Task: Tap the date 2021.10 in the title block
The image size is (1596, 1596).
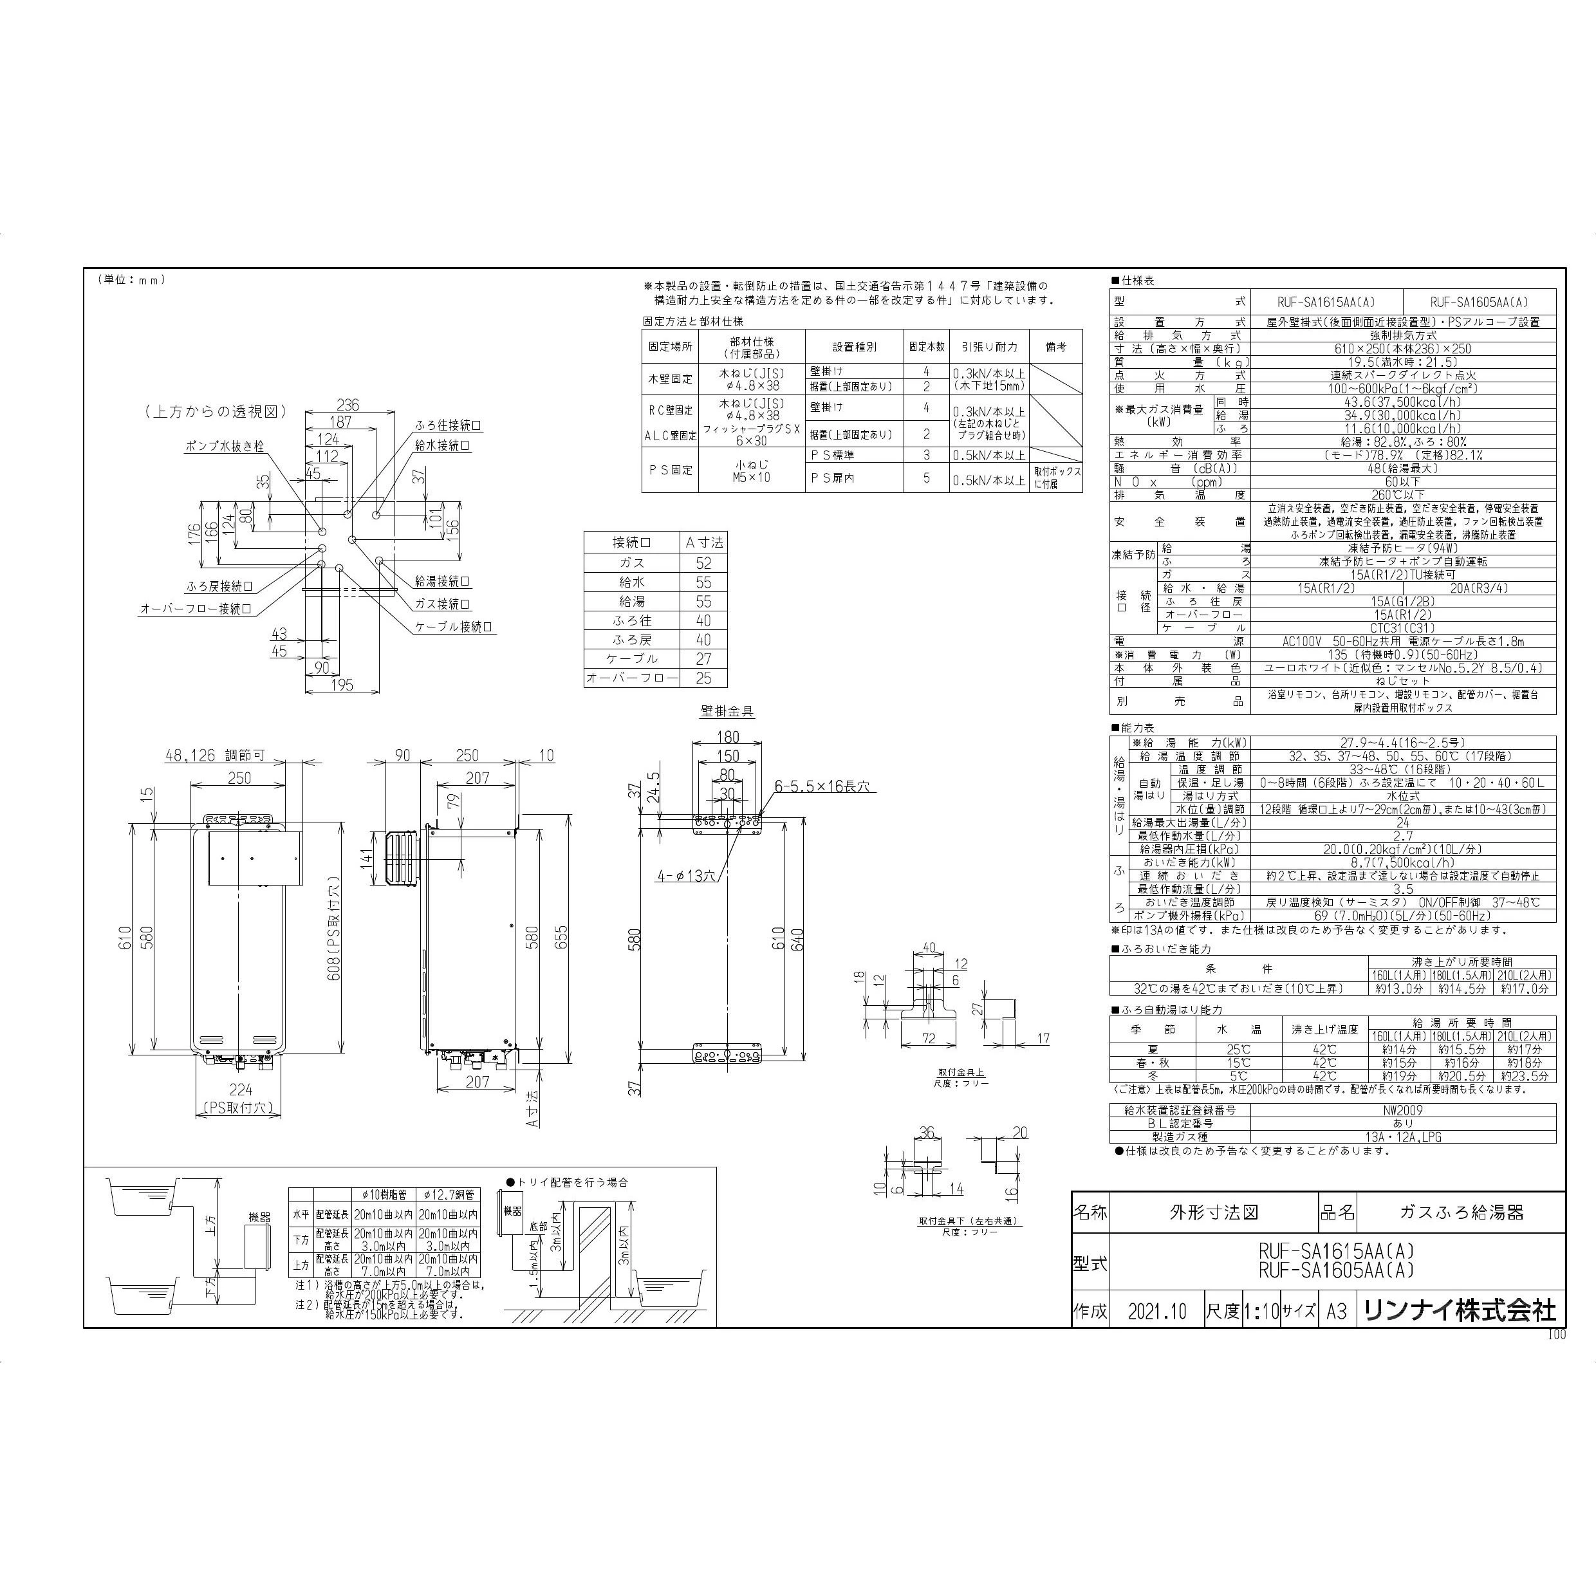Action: pos(1156,1312)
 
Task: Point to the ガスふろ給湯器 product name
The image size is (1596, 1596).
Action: pos(1461,1212)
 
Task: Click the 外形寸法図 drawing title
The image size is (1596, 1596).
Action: pos(1214,1212)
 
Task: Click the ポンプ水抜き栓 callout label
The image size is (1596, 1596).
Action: pos(224,446)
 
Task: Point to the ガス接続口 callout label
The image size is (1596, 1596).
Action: pos(442,604)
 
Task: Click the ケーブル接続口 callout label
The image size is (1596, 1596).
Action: pos(454,627)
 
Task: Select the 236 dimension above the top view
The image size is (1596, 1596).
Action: pos(348,405)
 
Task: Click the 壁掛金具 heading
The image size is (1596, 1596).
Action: pos(727,710)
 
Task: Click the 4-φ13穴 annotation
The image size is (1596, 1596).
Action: pos(687,875)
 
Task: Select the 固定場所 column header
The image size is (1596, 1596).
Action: pos(670,347)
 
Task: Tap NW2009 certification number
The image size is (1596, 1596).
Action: pos(1403,1110)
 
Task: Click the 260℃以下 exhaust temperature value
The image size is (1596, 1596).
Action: pos(1403,495)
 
